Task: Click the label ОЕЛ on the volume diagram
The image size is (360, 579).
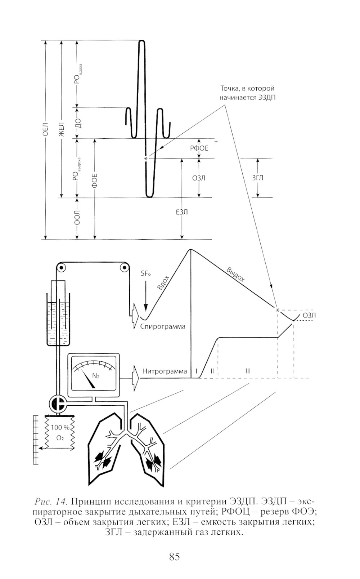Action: (x=45, y=129)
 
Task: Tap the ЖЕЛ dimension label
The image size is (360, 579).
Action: (x=61, y=129)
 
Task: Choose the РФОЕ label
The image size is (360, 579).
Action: (x=199, y=148)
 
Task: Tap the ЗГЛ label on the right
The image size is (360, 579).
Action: (x=257, y=178)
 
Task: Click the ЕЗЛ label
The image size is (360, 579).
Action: (x=182, y=212)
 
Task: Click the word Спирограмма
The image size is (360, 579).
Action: (x=163, y=326)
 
